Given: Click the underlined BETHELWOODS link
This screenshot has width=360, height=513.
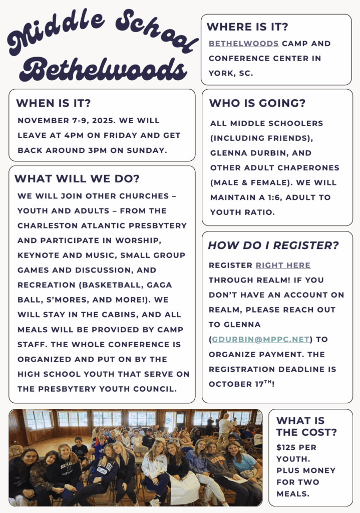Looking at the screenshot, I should pyautogui.click(x=243, y=44).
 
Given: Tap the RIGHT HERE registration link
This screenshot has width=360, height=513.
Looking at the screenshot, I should pyautogui.click(x=283, y=265).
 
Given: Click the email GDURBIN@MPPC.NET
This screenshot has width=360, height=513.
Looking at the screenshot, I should pyautogui.click(x=260, y=339).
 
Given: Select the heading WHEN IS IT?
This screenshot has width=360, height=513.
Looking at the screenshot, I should pyautogui.click(x=53, y=104).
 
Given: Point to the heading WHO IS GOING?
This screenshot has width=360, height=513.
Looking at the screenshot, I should pyautogui.click(x=257, y=104).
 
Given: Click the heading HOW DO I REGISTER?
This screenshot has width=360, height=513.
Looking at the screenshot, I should pyautogui.click(x=273, y=245).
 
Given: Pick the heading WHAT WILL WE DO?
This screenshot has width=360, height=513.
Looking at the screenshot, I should pyautogui.click(x=77, y=179).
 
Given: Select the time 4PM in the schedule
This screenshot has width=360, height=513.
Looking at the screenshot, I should pyautogui.click(x=68, y=135).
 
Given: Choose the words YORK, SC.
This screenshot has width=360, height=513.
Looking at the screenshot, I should pyautogui.click(x=231, y=73).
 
